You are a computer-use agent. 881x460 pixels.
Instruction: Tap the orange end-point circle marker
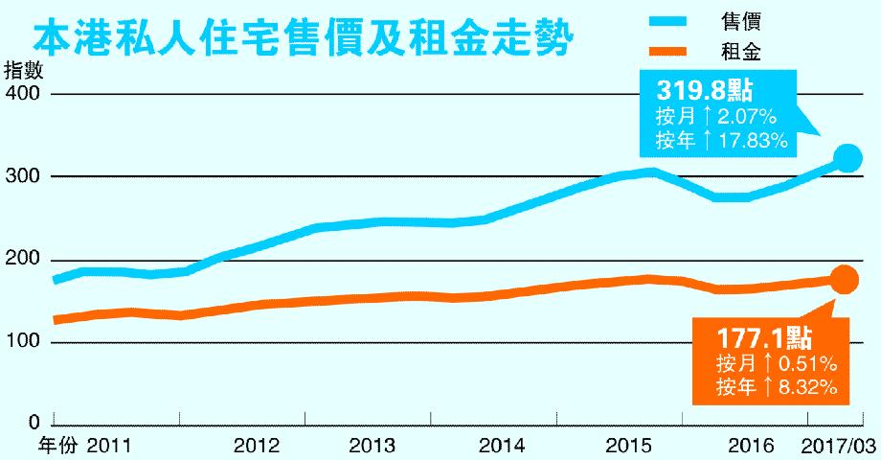coord(844,279)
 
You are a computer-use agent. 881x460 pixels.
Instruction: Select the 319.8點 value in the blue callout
coord(704,91)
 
